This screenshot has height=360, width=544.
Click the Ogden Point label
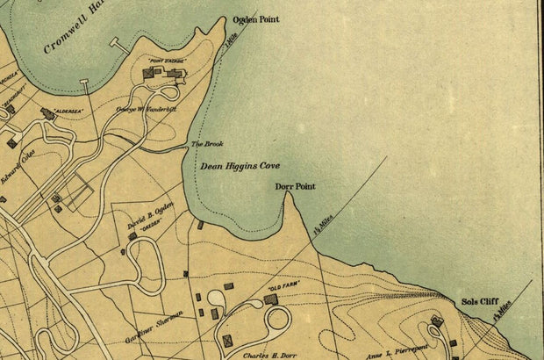click(254, 18)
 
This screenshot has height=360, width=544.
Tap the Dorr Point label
click(295, 186)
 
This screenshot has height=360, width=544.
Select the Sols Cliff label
click(480, 302)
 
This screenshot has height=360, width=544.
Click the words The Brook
click(208, 144)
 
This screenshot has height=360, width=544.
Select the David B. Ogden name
click(150, 212)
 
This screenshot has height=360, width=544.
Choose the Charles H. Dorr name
click(268, 356)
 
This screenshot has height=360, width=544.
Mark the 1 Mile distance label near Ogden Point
click(232, 41)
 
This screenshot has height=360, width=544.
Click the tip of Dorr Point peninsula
click(287, 194)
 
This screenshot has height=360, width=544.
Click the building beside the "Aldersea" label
click(47, 113)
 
